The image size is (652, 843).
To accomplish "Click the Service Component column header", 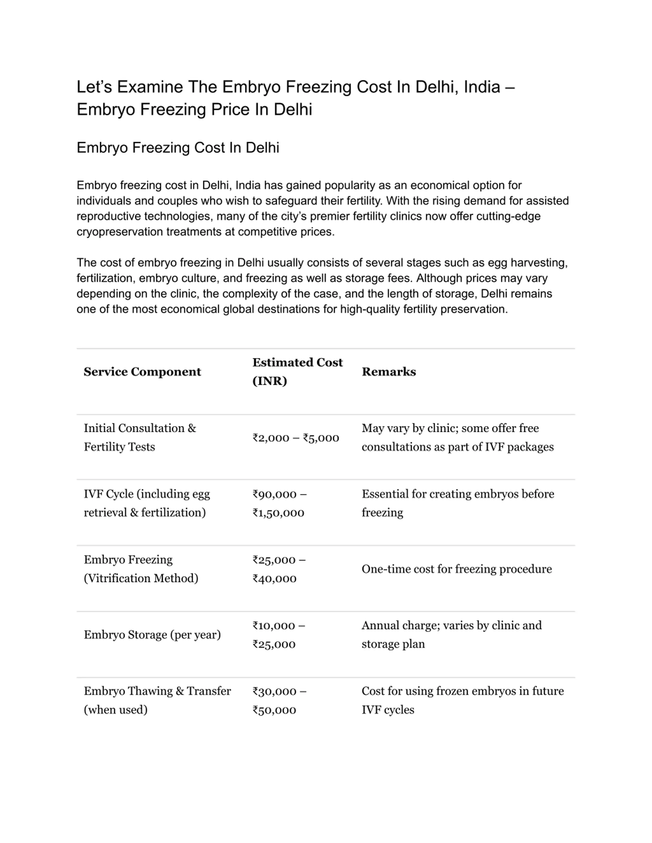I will pyautogui.click(x=142, y=372).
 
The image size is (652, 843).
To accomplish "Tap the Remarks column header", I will pyautogui.click(x=389, y=372).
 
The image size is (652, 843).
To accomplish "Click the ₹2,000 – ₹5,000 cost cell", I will pyautogui.click(x=295, y=438).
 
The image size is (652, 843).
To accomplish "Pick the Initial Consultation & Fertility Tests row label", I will pyautogui.click(x=140, y=437).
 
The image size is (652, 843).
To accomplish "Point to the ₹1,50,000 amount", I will pyautogui.click(x=278, y=513).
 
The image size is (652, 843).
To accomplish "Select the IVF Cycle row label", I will pyautogui.click(x=147, y=503).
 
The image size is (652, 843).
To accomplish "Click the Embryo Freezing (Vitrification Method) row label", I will pyautogui.click(x=141, y=569).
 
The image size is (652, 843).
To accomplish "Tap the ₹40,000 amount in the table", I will pyautogui.click(x=274, y=579).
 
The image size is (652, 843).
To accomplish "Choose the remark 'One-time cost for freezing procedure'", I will pyautogui.click(x=457, y=569).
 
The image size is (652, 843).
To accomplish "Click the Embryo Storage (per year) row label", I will pyautogui.click(x=152, y=635).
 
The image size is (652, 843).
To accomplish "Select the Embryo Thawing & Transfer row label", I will pyautogui.click(x=157, y=700).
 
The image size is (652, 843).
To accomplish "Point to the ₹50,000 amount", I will pyautogui.click(x=274, y=710).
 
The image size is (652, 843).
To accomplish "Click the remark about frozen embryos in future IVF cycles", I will pyautogui.click(x=462, y=700).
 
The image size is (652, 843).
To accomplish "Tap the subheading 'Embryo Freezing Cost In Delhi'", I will pyautogui.click(x=178, y=148).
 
